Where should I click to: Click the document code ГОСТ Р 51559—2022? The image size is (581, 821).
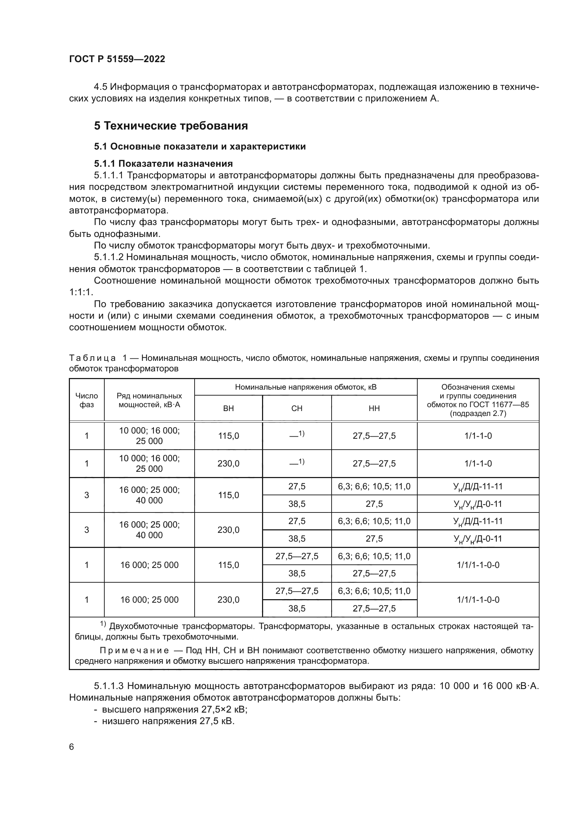(x=117, y=59)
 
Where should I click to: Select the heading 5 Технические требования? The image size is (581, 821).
(x=171, y=126)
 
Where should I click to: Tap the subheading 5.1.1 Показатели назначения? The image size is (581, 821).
(x=163, y=164)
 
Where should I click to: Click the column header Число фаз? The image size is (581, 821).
(x=86, y=400)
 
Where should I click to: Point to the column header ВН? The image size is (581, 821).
(x=228, y=408)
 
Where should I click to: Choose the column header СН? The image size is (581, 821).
(x=296, y=408)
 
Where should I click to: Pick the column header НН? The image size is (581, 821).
(x=374, y=408)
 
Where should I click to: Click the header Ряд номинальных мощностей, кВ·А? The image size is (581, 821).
(x=149, y=400)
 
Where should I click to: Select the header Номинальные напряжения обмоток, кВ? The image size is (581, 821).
(x=306, y=387)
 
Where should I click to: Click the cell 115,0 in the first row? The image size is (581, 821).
(x=228, y=436)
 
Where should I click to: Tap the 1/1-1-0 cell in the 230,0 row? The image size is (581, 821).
(x=478, y=464)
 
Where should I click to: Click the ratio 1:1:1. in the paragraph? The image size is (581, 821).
(x=81, y=292)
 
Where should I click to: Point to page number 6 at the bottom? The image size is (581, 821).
(x=72, y=747)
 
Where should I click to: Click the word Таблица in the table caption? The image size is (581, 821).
(x=92, y=358)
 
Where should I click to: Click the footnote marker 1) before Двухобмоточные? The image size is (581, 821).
(x=103, y=624)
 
